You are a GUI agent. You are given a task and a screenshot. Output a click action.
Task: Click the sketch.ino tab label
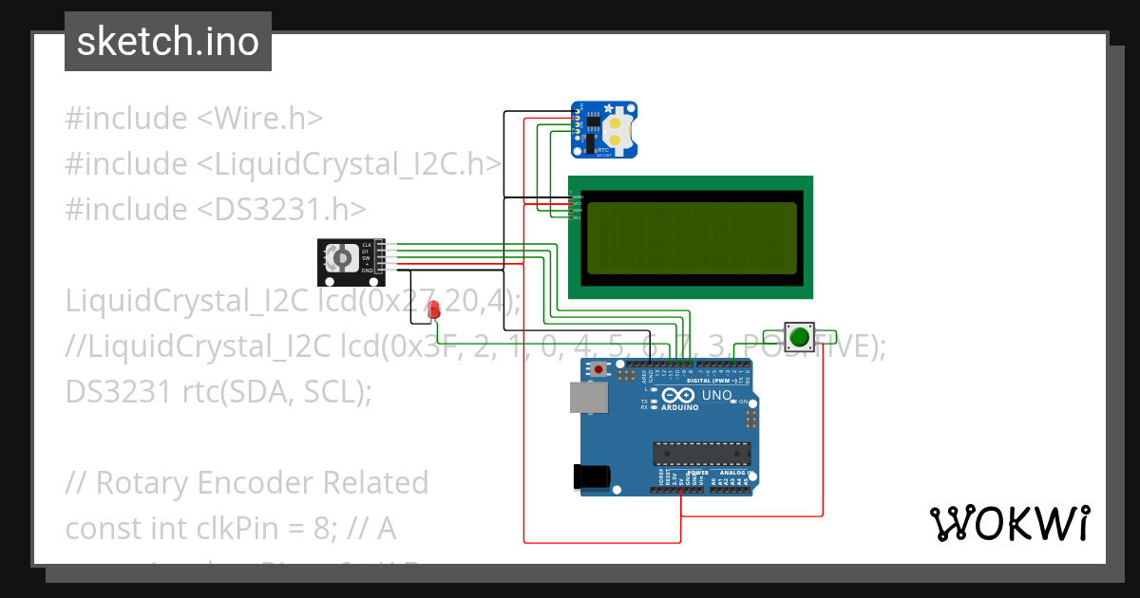point(168,42)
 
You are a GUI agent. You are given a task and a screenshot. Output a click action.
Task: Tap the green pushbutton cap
point(800,336)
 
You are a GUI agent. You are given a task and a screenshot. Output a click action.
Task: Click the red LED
point(434,309)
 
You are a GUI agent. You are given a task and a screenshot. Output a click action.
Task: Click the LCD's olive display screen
point(691,237)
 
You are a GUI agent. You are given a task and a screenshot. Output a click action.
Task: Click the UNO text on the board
point(716,395)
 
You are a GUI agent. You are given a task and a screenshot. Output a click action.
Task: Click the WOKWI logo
point(1008,523)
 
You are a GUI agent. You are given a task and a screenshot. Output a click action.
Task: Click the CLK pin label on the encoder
point(367,245)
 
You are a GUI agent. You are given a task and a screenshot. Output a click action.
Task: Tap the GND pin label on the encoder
point(367,271)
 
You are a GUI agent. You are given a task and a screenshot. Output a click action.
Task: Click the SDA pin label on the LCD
point(578,211)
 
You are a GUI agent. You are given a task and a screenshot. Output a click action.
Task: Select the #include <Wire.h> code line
point(194,119)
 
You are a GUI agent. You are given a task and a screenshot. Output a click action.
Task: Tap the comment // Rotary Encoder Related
point(247,482)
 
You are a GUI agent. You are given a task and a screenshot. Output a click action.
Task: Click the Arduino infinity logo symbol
point(680,394)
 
